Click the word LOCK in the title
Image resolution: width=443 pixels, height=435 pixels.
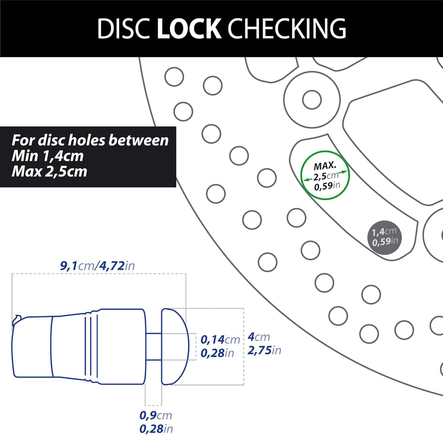click(189, 28)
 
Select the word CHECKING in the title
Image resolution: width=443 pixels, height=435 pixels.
click(287, 28)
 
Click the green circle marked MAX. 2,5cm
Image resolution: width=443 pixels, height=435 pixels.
click(325, 151)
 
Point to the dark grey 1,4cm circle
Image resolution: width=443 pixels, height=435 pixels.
click(384, 237)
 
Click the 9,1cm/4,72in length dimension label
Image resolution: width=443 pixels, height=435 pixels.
click(98, 266)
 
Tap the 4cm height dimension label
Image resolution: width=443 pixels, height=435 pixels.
click(259, 337)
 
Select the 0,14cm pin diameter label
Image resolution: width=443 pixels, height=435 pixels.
click(220, 339)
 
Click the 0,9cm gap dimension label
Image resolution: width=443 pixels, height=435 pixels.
click(156, 415)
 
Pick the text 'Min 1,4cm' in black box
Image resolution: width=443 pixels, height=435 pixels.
click(48, 156)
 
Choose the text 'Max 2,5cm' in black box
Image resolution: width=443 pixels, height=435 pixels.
click(50, 171)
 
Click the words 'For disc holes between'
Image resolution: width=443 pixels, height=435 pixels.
click(90, 140)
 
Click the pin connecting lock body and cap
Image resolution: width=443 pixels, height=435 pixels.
click(154, 346)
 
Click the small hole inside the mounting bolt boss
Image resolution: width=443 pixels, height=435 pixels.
click(312, 100)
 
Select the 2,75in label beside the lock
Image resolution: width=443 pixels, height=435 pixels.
click(265, 350)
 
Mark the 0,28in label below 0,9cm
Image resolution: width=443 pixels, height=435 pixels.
click(156, 429)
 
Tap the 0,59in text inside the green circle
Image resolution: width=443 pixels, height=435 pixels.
click(327, 186)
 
